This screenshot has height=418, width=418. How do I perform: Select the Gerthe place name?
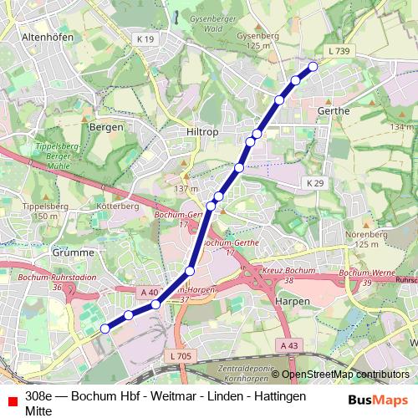coord(334,110)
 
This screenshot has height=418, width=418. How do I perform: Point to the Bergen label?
coord(106,127)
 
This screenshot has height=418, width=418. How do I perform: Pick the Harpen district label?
coord(293,301)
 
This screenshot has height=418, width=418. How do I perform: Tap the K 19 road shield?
coord(145,39)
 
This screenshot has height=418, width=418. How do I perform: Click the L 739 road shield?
coord(339,52)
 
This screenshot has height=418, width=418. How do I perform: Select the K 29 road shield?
coord(314,182)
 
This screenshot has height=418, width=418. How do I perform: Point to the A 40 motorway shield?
coord(149,292)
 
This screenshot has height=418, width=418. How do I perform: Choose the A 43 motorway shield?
coord(289,345)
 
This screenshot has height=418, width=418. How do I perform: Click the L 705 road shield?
coord(180,356)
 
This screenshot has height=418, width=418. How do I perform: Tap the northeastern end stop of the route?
coord(313,66)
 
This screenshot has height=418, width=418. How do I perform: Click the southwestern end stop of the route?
coord(105,329)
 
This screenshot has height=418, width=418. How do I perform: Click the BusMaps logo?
coord(377,400)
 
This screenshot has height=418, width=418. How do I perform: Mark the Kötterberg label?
coord(117,205)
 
